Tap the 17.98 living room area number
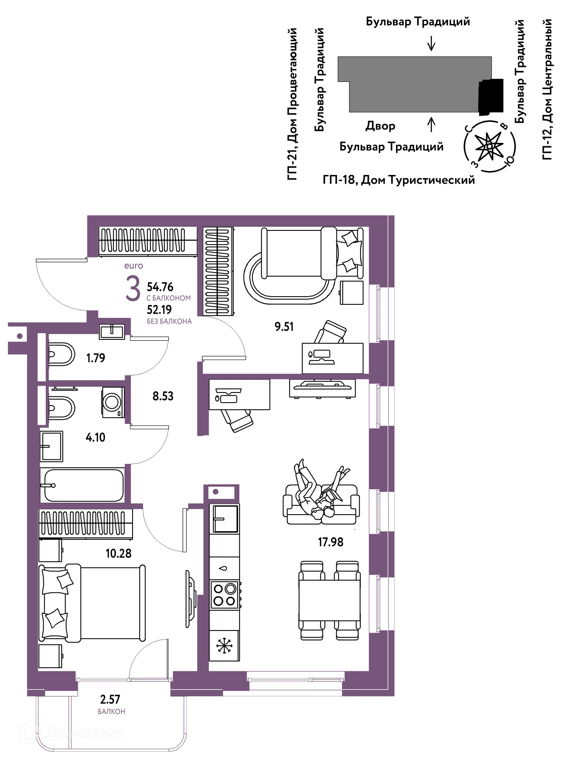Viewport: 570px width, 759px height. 330,542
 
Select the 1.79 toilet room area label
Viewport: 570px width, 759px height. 96,358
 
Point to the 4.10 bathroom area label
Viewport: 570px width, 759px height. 95,438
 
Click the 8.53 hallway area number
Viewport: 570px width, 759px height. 163,396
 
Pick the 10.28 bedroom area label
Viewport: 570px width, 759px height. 118,553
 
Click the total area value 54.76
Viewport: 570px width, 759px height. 160,287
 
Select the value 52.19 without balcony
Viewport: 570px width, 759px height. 159,310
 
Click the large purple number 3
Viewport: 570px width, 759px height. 133,289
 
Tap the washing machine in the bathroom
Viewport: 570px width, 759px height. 113,402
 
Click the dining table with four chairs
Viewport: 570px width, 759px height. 330,600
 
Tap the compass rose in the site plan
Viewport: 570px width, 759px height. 490,146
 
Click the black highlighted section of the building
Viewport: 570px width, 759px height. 491,97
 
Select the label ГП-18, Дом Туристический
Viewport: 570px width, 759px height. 399,180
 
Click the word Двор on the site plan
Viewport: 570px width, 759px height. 380,126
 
